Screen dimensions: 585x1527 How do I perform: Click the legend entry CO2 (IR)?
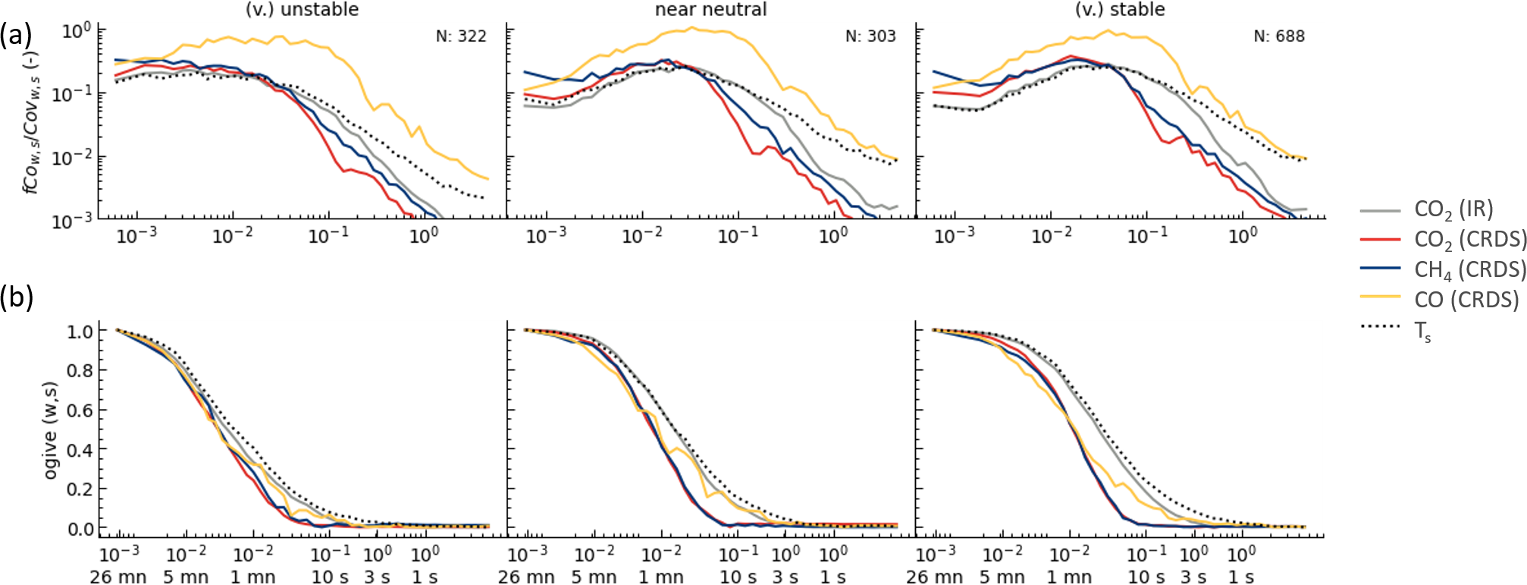point(1453,209)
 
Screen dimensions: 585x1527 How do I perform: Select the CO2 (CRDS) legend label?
point(1469,240)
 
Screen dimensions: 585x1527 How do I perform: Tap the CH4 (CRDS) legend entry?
point(1469,269)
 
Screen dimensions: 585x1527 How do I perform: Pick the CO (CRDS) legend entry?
point(1466,300)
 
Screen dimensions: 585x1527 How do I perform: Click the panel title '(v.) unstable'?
point(302,10)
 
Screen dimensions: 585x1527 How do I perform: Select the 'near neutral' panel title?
point(710,10)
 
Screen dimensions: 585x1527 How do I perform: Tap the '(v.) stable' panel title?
point(1120,10)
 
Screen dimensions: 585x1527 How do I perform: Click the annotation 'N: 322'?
point(461,36)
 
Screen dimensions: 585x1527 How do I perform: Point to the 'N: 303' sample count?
point(870,36)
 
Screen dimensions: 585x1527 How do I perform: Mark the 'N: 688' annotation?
point(1279,36)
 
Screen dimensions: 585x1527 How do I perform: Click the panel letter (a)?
point(17,35)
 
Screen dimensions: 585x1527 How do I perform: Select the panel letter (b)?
point(17,297)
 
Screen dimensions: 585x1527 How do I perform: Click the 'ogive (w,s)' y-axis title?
point(51,430)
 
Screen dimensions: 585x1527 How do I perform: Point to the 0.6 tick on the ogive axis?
point(80,410)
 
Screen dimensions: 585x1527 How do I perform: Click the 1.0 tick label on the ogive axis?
point(80,332)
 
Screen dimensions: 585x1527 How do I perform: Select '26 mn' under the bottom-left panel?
point(118,577)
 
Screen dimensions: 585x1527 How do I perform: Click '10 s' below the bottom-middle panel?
point(738,577)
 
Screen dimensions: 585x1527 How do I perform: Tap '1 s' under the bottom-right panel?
point(1241,577)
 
